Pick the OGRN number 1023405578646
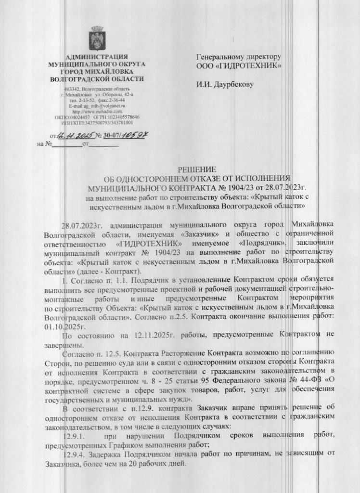tap(122, 117)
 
